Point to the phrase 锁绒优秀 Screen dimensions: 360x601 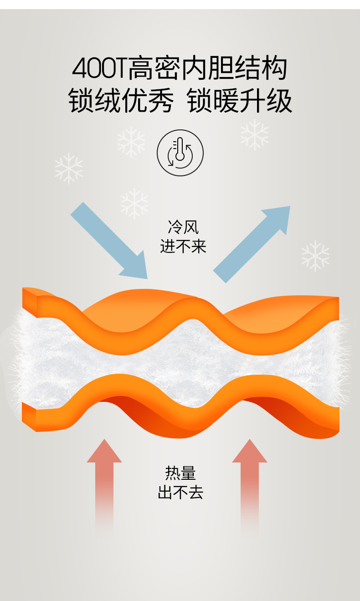point(121,101)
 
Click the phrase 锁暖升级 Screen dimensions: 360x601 point(240,101)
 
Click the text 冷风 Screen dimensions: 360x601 point(183,226)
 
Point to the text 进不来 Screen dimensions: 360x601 point(183,247)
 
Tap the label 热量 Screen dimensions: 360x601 point(180,473)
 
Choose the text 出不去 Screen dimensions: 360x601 point(180,493)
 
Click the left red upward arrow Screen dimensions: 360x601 point(104,483)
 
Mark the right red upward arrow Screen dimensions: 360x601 point(249,483)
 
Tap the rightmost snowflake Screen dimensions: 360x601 point(315,256)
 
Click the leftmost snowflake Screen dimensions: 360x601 point(69,169)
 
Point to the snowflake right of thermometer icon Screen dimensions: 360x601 point(254,135)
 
